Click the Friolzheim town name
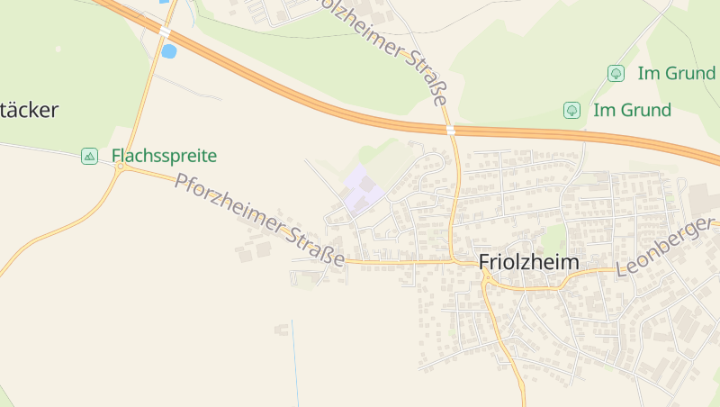coord(529,261)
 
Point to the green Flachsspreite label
coord(165,156)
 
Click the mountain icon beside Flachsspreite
coord(89,156)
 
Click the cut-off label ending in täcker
coord(29,111)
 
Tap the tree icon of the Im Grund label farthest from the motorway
coord(616,73)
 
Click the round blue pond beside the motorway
coord(168,51)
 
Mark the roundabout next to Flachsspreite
coord(120,167)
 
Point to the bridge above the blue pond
coord(166,31)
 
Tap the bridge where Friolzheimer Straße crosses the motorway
coord(450,130)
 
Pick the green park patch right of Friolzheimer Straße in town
coord(553,238)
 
